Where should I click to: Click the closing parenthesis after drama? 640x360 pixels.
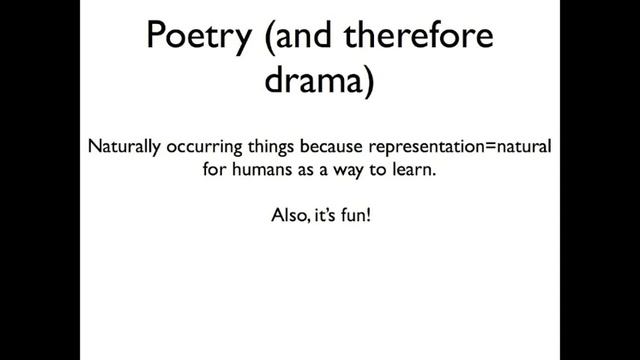click(x=367, y=82)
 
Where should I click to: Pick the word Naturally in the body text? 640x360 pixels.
click(x=123, y=146)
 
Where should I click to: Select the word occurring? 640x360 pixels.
click(x=198, y=146)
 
